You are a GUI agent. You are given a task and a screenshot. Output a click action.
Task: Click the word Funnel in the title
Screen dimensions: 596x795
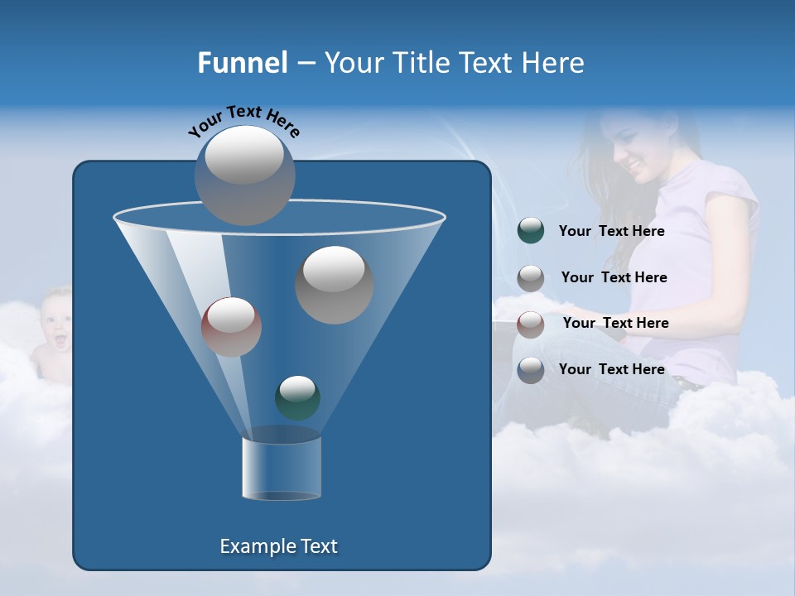point(242,63)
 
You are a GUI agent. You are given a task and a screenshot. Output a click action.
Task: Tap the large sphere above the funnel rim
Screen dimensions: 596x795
point(244,175)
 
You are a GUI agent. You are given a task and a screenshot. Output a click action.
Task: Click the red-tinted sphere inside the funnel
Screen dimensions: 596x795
point(231,326)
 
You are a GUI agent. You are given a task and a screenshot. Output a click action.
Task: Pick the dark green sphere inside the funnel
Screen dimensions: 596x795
point(297,397)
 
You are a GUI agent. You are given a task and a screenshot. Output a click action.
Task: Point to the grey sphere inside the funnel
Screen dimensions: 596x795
point(334,285)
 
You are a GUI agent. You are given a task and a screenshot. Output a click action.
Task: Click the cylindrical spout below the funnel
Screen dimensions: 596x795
point(281,468)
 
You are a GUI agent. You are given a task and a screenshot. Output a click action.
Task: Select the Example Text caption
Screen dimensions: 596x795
point(278,546)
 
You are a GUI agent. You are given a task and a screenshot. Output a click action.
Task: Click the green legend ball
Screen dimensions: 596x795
point(531,231)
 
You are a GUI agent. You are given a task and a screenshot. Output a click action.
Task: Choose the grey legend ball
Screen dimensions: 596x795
point(531,277)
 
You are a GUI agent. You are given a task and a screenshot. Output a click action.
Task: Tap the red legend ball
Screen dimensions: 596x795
point(531,324)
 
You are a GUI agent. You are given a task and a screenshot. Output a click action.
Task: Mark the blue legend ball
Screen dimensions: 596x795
point(531,369)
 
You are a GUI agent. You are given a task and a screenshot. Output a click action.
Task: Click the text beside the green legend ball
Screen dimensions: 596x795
point(611,231)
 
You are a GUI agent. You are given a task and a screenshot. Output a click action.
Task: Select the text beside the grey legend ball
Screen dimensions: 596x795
point(614,277)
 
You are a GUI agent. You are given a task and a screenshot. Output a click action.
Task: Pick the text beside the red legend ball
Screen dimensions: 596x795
point(615,323)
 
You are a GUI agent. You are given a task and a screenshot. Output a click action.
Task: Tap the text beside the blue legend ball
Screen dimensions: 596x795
point(611,369)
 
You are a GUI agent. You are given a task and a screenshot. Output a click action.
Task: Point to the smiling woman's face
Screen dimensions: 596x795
point(638,149)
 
